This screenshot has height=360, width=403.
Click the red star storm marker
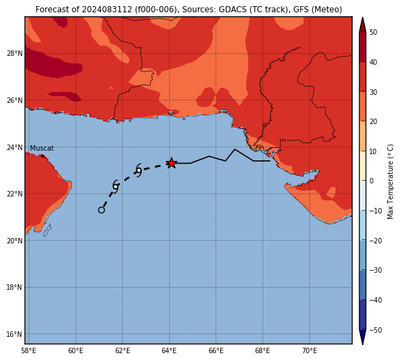click(171, 163)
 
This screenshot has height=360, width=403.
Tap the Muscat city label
click(42, 148)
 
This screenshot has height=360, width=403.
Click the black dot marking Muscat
click(43, 156)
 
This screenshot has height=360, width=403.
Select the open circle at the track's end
click(102, 210)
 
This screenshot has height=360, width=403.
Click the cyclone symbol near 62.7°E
click(138, 170)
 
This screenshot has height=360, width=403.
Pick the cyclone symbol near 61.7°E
click(115, 187)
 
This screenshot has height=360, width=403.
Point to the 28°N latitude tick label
click(14, 53)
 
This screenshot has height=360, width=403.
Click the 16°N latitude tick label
click(14, 334)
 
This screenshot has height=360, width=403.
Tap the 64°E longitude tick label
click(169, 350)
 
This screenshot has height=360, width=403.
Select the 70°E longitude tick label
click(310, 350)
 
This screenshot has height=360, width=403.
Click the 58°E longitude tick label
click(29, 350)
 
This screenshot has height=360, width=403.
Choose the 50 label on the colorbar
click(374, 32)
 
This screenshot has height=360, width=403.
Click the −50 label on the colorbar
click(376, 330)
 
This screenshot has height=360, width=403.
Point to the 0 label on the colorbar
click(372, 181)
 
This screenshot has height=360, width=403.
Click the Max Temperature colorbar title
click(390, 181)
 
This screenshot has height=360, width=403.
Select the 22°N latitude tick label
click(14, 194)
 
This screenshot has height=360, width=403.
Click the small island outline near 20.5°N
click(47, 230)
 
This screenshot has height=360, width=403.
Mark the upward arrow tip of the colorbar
click(362, 17)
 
